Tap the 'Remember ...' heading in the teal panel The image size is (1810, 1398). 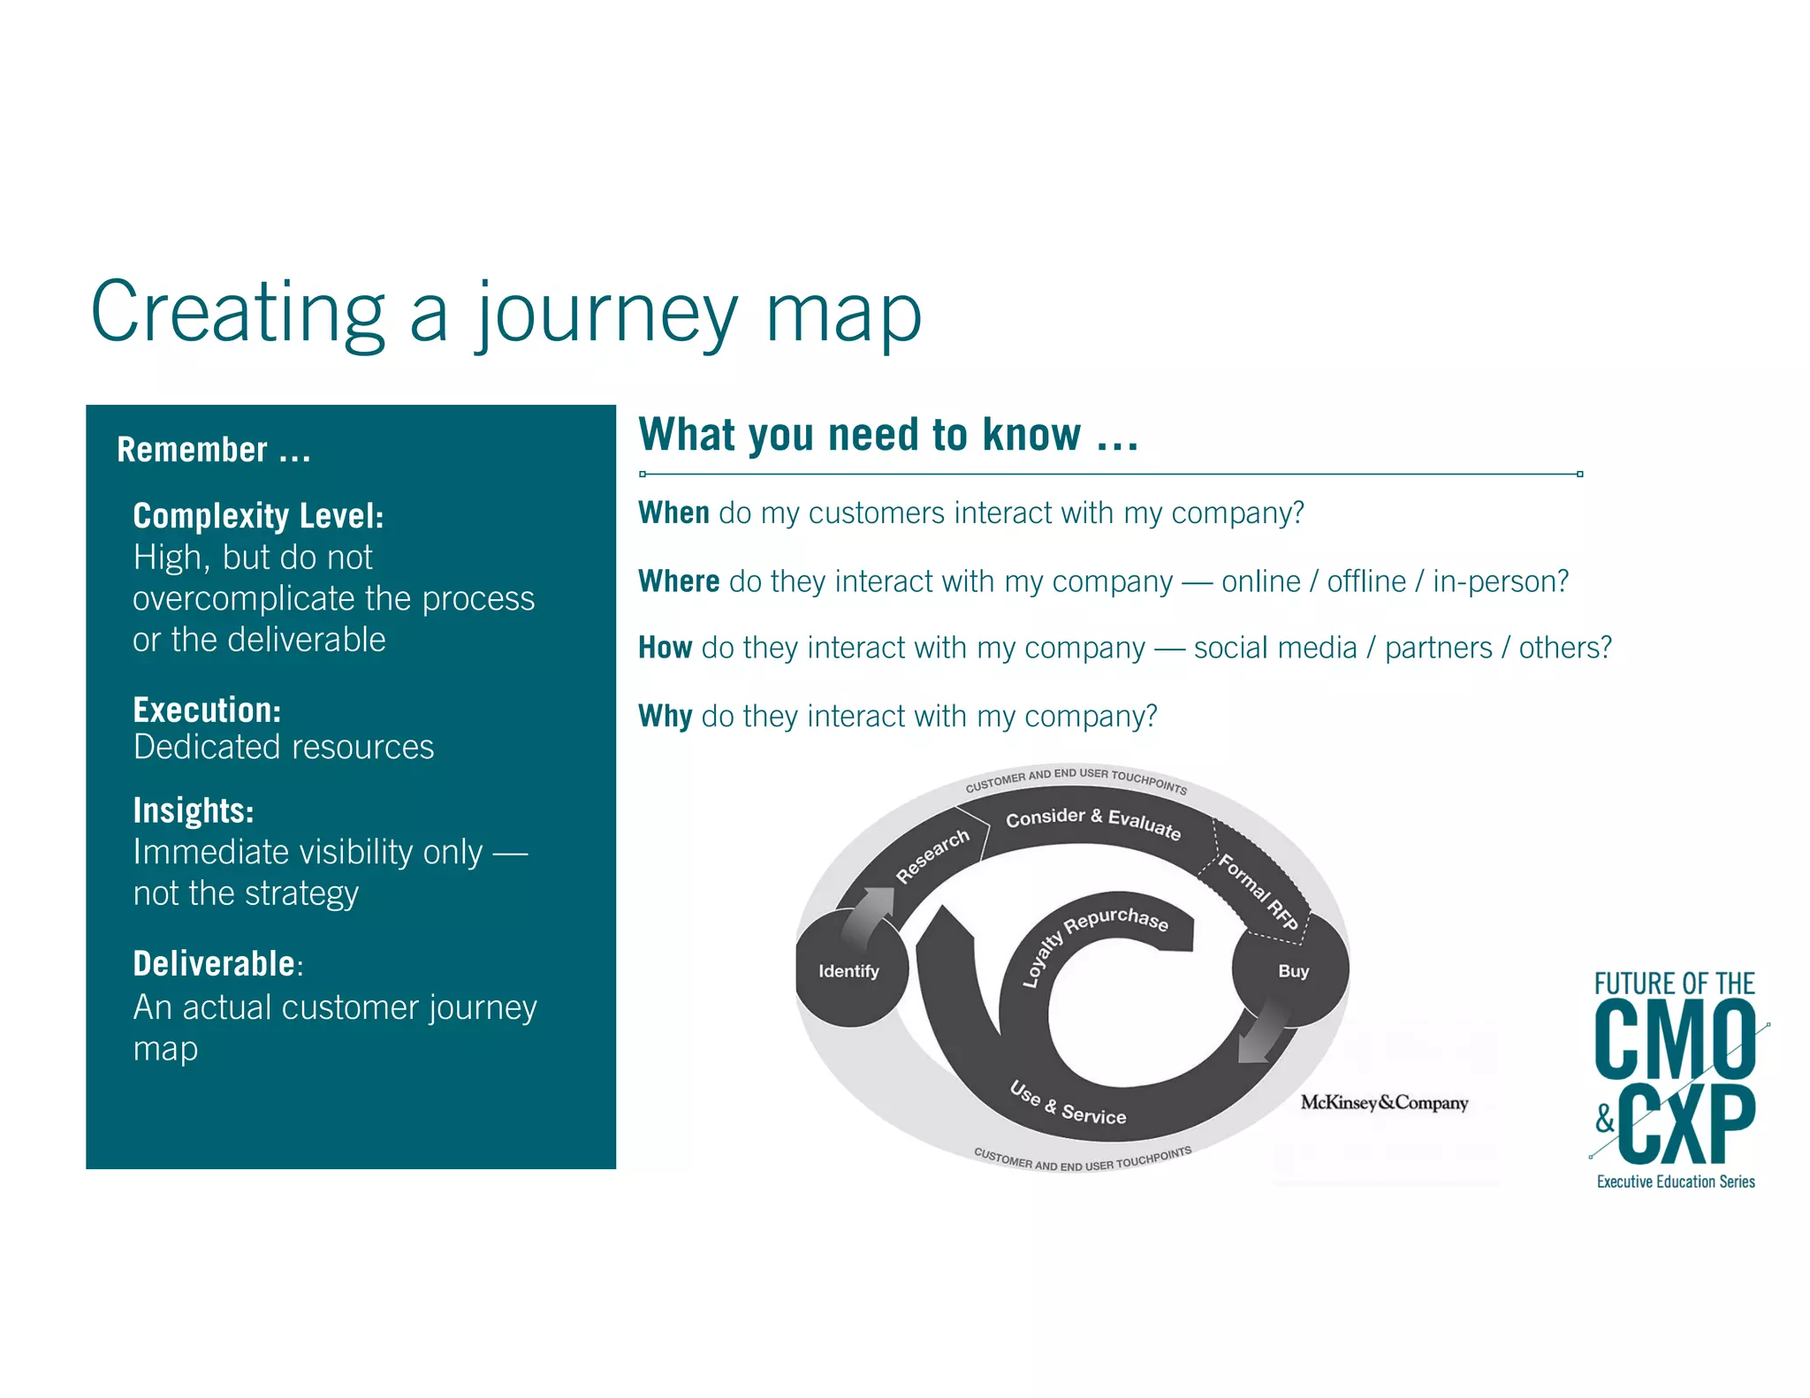pos(213,450)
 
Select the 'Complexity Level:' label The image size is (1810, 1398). pos(258,516)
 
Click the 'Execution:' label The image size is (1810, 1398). pos(207,710)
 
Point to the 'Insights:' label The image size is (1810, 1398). pos(194,810)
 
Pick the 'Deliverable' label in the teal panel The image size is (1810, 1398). pos(214,963)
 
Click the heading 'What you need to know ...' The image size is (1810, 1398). pos(887,435)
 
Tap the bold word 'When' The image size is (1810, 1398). pos(673,513)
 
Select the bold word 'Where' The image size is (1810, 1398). pos(679,581)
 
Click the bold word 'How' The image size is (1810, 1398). pos(665,648)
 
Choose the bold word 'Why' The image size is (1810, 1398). pos(665,716)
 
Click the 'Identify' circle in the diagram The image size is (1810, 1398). pos(848,971)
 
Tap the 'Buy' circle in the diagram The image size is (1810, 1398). pos(1292,971)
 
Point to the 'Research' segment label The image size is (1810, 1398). pos(932,856)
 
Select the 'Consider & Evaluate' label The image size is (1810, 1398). pos(1092,823)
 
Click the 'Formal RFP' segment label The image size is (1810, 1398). pos(1258,892)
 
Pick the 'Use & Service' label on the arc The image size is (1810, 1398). pos(1068,1104)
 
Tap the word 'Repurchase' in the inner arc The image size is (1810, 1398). pos(1116,920)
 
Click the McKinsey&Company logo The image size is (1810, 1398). pos(1384,1103)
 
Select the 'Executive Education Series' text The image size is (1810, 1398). pos(1676,1181)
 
